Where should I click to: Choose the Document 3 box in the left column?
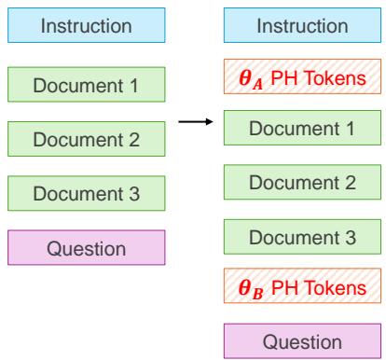(86, 194)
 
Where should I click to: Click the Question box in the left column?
(86, 248)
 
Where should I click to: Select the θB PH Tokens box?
(301, 287)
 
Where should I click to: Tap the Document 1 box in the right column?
(301, 131)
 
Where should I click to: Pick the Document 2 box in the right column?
(301, 184)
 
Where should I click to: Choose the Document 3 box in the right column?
(301, 237)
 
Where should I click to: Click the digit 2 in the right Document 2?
(350, 184)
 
